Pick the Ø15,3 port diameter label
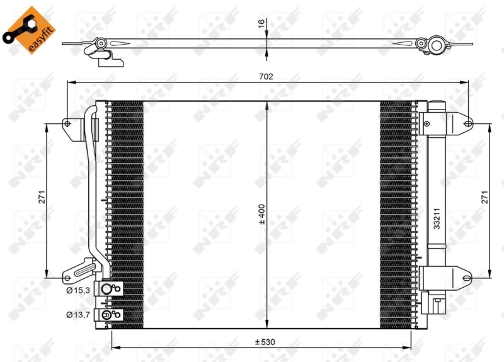coord(77,290)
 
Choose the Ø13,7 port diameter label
coord(77,314)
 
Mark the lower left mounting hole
coord(67,276)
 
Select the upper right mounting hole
coord(467,123)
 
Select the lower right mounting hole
coord(467,276)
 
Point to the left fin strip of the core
coord(125,214)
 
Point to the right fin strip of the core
coord(398,214)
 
